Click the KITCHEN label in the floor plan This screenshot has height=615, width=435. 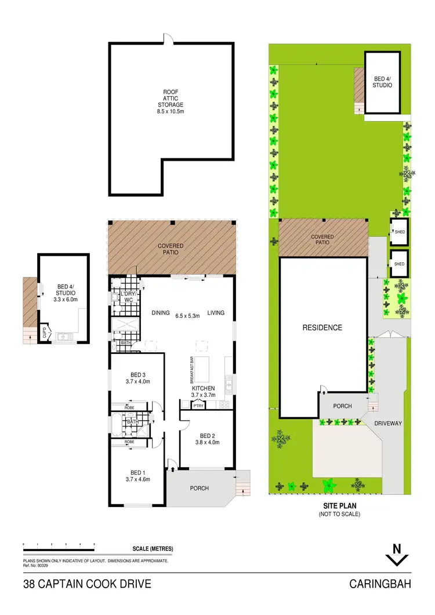pyautogui.click(x=204, y=388)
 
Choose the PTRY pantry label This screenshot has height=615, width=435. pyautogui.click(x=198, y=405)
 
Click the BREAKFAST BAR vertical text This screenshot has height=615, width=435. pyautogui.click(x=190, y=370)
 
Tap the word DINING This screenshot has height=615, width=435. pyautogui.click(x=161, y=313)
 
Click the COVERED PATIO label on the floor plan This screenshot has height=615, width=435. pyautogui.click(x=171, y=249)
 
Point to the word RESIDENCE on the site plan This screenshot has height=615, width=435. pyautogui.click(x=322, y=328)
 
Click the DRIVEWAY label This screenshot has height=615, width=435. pyautogui.click(x=388, y=424)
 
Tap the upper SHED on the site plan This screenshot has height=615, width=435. pyautogui.click(x=399, y=232)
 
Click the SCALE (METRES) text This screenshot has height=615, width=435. pyautogui.click(x=153, y=549)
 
